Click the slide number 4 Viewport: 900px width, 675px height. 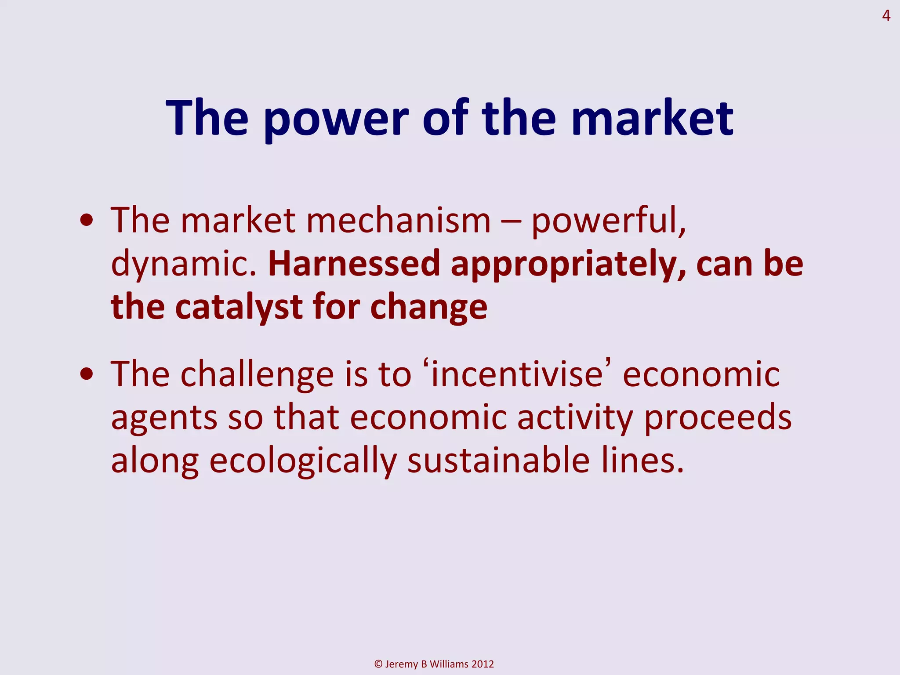tap(886, 16)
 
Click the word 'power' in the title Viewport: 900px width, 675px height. tap(337, 119)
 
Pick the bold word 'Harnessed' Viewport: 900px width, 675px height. tap(354, 264)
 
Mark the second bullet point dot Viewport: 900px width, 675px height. tap(87, 374)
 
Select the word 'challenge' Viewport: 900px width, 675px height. tap(257, 374)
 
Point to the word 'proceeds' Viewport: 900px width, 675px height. tap(718, 417)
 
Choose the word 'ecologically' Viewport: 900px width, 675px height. tap(302, 461)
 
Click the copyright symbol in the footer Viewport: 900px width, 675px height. tap(378, 664)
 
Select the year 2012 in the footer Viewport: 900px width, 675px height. tap(483, 664)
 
